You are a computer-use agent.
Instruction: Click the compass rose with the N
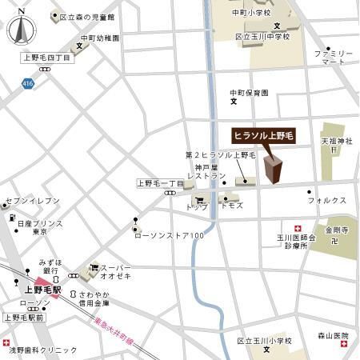[x=20, y=30]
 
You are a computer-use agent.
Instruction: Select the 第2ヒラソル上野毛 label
[x=220, y=154]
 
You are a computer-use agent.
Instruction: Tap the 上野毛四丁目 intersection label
[x=47, y=58]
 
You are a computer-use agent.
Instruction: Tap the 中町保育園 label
[x=247, y=92]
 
